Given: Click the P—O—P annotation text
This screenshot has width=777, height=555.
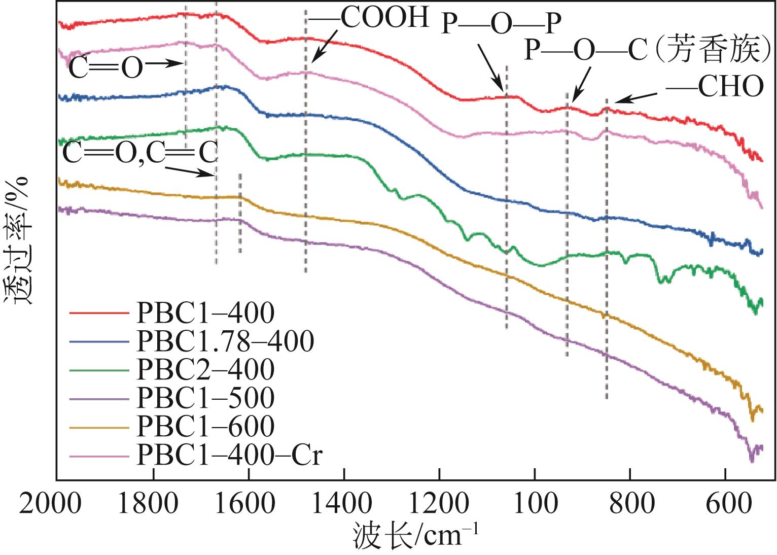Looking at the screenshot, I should click(x=501, y=24).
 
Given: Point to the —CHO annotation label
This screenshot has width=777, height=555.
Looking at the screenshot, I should click(x=715, y=87).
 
